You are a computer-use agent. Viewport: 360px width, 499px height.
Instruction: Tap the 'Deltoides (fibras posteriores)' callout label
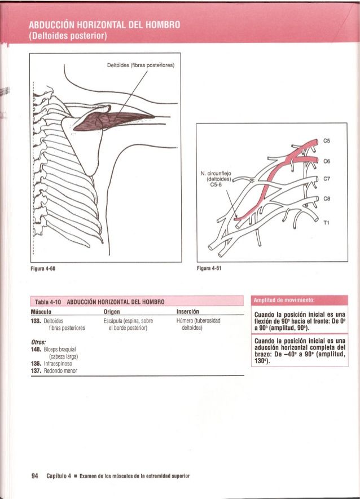141,64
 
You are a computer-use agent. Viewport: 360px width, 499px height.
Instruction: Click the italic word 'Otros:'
38,341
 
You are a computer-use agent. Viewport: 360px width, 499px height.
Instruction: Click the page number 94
34,475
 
